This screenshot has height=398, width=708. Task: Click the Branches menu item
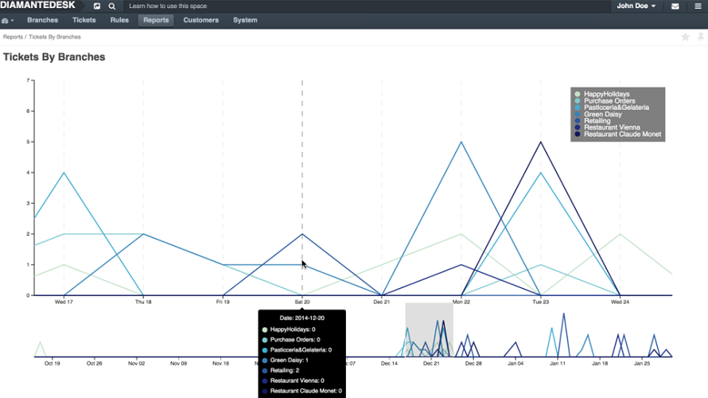pos(42,21)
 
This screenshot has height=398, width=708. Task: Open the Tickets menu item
pos(84,21)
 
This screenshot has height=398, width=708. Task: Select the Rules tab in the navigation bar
pos(119,21)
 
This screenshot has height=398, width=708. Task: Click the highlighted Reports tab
pos(156,21)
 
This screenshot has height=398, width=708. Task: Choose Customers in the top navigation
pos(201,21)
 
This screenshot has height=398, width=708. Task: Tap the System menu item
pos(245,21)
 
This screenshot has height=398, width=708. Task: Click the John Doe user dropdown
pos(636,6)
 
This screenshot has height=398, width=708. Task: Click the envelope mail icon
pos(675,6)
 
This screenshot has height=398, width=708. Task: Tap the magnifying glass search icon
pos(112,6)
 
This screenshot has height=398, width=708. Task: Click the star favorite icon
pos(685,37)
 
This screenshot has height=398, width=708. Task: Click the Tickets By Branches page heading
pos(54,57)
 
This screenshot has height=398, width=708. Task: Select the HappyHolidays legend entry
pos(602,94)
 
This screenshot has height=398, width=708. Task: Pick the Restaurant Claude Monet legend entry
pos(617,135)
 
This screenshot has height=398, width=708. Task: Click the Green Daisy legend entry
pos(598,115)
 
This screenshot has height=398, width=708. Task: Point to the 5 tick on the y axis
pos(29,142)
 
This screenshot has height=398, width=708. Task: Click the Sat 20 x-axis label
pos(302,302)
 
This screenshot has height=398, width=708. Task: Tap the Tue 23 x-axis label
pos(540,302)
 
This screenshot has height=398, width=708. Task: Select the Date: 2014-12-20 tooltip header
pos(301,318)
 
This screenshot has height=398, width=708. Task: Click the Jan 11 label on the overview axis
pos(558,363)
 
